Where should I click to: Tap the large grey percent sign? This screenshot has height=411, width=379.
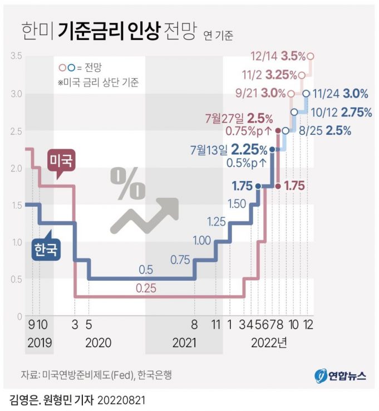pyautogui.click(x=127, y=183)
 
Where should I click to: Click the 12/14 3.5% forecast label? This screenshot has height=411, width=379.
pyautogui.click(x=278, y=56)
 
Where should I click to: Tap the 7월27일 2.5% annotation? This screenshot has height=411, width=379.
pyautogui.click(x=239, y=118)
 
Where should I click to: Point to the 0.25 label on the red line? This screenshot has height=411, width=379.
pyautogui.click(x=146, y=288)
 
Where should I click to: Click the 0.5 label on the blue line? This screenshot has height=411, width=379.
pyautogui.click(x=146, y=270)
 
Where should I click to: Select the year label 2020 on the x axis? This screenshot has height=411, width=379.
pyautogui.click(x=99, y=342)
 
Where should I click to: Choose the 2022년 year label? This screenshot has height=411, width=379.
pyautogui.click(x=269, y=342)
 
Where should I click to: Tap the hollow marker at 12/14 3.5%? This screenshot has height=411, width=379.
pyautogui.click(x=311, y=56)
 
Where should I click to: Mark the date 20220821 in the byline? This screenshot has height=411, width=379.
pyautogui.click(x=123, y=400)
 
